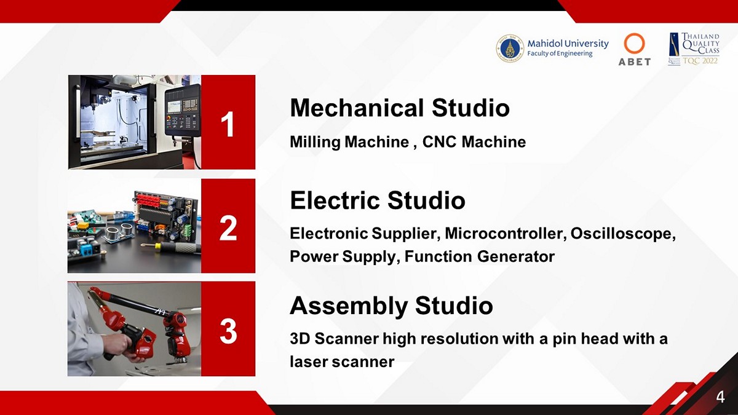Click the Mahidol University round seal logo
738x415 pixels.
(x=510, y=49)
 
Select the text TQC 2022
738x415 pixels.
(x=700, y=61)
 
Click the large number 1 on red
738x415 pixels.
(x=228, y=124)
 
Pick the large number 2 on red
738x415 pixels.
(x=228, y=227)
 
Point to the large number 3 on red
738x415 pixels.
(x=228, y=331)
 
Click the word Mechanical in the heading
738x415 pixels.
(x=357, y=108)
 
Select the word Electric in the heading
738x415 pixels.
(x=335, y=200)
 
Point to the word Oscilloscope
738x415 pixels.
(x=623, y=234)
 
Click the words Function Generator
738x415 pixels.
(x=479, y=256)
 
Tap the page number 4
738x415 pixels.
(x=721, y=397)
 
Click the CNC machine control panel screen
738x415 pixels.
(x=174, y=105)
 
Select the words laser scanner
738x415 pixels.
(x=342, y=362)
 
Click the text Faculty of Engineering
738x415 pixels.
(x=560, y=53)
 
